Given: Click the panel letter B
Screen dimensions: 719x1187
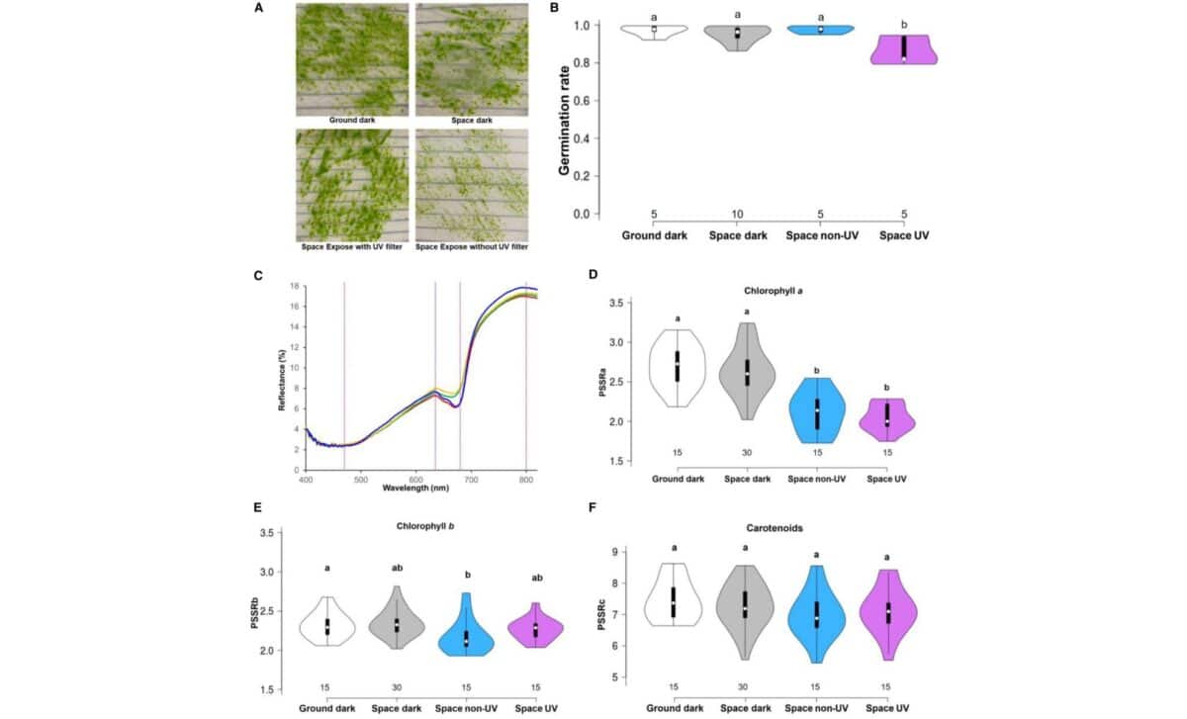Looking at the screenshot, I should pos(554,8).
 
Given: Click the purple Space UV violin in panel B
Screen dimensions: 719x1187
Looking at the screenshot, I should pos(903,48).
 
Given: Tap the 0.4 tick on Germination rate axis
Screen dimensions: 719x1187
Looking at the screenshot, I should pos(583,138).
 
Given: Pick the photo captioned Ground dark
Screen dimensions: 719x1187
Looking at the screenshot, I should pos(352,59).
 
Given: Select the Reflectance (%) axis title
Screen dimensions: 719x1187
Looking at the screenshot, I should pos(280,378).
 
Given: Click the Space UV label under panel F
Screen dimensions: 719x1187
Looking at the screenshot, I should pos(888,708).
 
